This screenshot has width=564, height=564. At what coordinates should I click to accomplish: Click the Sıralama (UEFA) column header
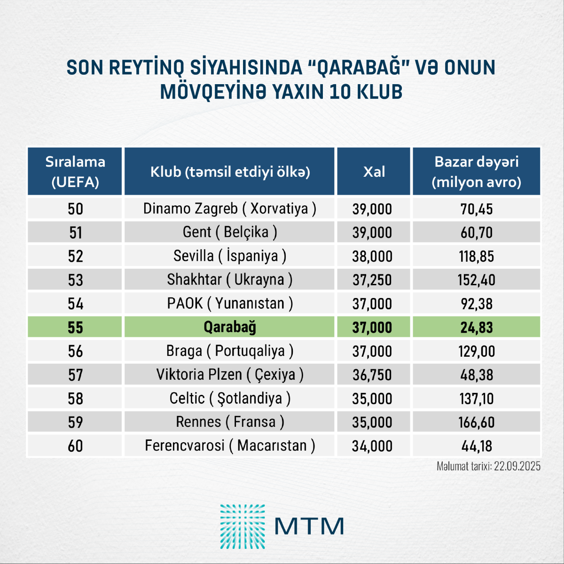click(75, 172)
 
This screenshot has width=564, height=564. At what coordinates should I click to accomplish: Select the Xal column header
click(374, 172)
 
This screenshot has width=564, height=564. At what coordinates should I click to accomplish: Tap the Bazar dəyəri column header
click(476, 172)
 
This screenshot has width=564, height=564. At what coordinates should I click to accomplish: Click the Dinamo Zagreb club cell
click(229, 209)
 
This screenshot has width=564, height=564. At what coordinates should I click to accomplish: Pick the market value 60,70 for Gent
click(477, 233)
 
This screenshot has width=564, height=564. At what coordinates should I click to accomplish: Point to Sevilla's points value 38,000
click(372, 256)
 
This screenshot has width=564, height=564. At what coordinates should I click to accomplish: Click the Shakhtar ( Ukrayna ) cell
click(229, 280)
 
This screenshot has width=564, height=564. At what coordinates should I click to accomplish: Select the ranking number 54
click(75, 304)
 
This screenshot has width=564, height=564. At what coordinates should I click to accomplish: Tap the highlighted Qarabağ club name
click(229, 327)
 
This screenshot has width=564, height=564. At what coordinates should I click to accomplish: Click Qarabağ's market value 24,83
click(477, 328)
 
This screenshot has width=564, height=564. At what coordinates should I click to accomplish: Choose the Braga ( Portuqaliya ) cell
click(229, 351)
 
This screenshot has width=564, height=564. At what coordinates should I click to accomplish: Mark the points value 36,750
click(372, 375)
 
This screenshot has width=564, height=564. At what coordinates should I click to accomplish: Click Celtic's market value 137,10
click(477, 399)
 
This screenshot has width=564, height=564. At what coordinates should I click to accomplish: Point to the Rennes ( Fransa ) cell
click(229, 422)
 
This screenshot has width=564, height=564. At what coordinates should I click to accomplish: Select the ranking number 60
click(75, 446)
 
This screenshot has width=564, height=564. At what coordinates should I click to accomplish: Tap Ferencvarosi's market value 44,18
click(477, 446)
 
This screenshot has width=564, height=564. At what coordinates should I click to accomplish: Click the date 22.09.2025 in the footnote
click(517, 466)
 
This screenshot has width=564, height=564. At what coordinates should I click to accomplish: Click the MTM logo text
click(309, 526)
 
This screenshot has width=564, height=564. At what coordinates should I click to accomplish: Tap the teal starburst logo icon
click(243, 526)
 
